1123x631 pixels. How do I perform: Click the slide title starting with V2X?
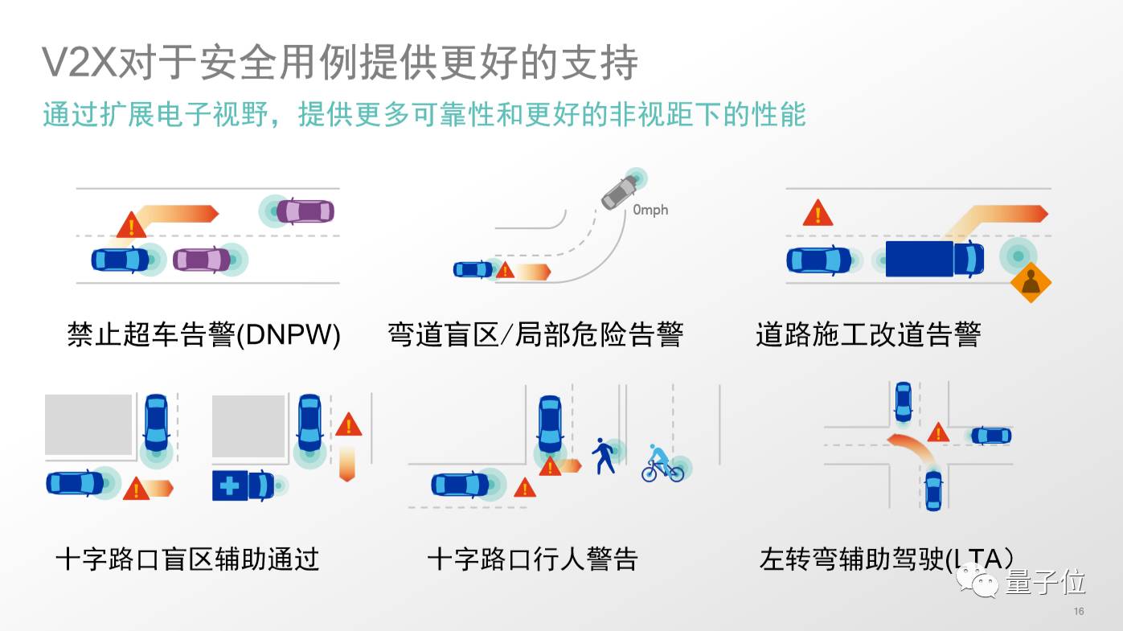tap(340, 63)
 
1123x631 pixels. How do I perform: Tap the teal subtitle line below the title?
tap(424, 114)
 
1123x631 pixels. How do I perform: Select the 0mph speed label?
tap(650, 211)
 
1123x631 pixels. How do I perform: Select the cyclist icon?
tap(662, 465)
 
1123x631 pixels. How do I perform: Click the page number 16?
tap(1079, 612)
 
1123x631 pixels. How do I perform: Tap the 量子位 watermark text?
tap(1044, 582)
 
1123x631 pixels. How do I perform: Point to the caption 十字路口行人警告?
tap(532, 559)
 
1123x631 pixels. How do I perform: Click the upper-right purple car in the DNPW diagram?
tap(305, 211)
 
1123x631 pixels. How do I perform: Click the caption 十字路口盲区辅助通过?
tap(187, 559)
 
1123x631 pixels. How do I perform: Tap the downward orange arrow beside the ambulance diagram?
tap(347, 464)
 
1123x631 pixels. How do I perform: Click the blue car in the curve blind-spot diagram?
tap(473, 269)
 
